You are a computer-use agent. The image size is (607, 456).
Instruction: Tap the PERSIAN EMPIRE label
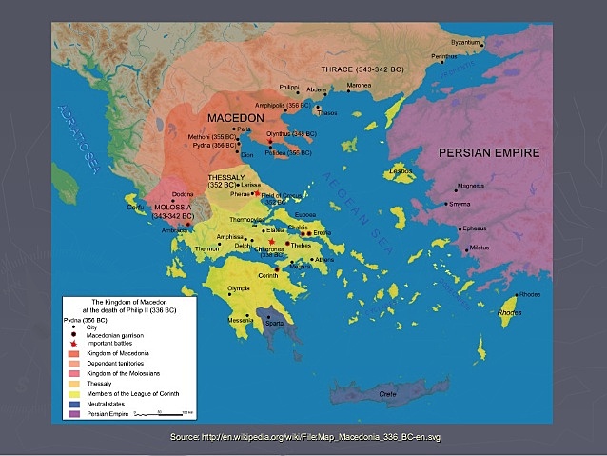coord(488,152)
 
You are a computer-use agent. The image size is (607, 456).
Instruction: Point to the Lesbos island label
coord(400,172)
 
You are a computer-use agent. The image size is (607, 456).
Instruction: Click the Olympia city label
coord(238,288)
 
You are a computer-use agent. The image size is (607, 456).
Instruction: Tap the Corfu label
coord(137,207)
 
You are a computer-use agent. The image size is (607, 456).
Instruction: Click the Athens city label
coord(324,259)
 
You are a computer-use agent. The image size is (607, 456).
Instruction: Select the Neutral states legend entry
coord(105,405)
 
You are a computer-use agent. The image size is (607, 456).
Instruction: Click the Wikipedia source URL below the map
coord(303,436)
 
